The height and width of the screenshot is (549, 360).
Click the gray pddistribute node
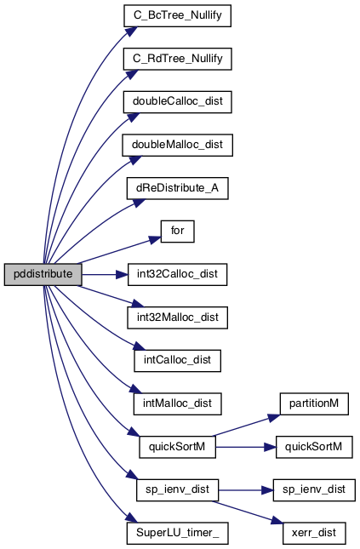(x=43, y=274)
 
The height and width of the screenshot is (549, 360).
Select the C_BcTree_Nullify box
(x=178, y=15)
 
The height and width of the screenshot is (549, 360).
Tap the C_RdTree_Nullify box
(x=178, y=59)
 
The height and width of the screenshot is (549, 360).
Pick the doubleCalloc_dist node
(x=178, y=101)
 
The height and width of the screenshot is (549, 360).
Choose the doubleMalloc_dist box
(x=178, y=145)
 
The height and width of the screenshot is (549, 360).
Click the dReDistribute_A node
(x=178, y=188)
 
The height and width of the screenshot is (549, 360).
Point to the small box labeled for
(x=178, y=231)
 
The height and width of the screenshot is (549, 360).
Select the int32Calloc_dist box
(x=178, y=274)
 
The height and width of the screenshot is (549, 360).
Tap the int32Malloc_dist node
(x=178, y=317)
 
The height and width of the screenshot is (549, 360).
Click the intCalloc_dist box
(x=178, y=361)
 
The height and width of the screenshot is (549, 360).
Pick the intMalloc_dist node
(x=178, y=403)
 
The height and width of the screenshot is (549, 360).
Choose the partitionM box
(x=314, y=403)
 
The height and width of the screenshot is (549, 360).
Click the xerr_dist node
(x=314, y=533)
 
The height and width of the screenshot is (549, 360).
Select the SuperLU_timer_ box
(x=178, y=533)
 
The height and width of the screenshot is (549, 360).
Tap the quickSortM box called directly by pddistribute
(x=178, y=447)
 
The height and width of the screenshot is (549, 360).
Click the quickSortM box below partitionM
(x=314, y=447)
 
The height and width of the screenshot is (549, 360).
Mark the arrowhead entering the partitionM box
(x=274, y=417)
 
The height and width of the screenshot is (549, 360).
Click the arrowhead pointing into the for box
(x=155, y=239)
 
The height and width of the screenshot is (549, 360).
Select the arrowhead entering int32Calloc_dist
(x=122, y=274)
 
